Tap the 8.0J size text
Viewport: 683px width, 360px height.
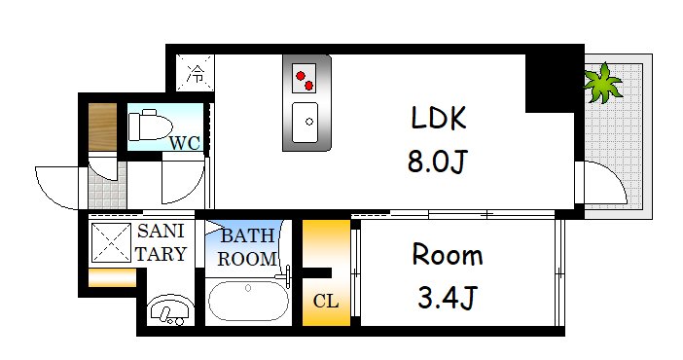(438, 161)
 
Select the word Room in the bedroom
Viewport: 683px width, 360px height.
(447, 256)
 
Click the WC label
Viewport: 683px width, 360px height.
(185, 143)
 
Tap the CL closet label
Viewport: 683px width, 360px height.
(326, 300)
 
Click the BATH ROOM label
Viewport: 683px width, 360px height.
(246, 248)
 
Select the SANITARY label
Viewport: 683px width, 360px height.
(161, 243)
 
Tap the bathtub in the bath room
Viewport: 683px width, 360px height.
(248, 301)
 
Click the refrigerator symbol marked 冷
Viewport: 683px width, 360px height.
(197, 71)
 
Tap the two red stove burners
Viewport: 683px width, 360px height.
(306, 76)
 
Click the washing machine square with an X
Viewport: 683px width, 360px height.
(112, 243)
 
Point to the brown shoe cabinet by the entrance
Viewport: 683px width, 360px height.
(101, 126)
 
